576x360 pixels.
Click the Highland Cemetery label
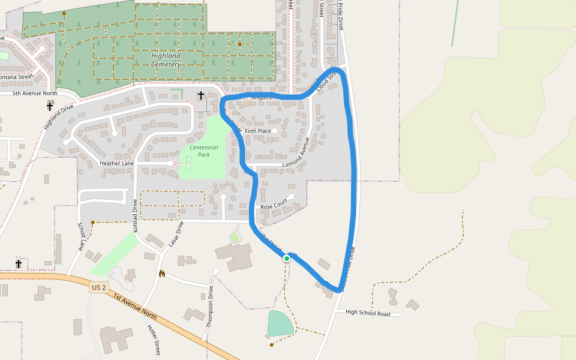(x=166, y=60)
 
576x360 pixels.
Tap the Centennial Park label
(x=204, y=151)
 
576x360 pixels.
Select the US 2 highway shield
(x=98, y=288)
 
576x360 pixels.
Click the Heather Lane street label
(x=116, y=163)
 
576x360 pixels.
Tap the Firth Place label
(x=258, y=131)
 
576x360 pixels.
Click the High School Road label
(x=368, y=313)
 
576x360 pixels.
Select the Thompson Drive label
(x=210, y=306)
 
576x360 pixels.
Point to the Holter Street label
(x=154, y=339)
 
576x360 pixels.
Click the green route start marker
(x=287, y=258)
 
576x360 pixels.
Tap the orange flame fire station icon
(x=161, y=274)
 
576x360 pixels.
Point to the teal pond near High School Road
(x=280, y=323)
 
